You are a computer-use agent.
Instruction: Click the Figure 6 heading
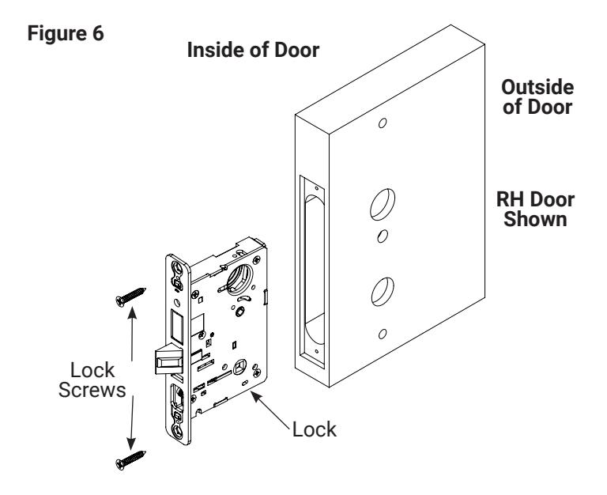point(66,33)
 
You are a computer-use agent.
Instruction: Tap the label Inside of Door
point(253,50)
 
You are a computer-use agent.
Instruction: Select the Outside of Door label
point(537,97)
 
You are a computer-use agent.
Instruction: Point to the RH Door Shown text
point(535,210)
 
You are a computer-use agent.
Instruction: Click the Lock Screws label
point(92,380)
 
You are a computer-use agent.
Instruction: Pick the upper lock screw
point(130,297)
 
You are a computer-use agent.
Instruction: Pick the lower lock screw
point(130,459)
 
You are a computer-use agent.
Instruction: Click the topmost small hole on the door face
point(383,123)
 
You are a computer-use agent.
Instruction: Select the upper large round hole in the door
point(383,205)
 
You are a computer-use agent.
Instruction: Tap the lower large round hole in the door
point(383,292)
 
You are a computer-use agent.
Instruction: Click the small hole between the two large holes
point(383,236)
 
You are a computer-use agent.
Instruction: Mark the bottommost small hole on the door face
point(383,334)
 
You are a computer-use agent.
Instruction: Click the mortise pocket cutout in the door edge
point(312,271)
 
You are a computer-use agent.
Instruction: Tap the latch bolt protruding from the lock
point(169,361)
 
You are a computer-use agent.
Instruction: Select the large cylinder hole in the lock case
point(239,278)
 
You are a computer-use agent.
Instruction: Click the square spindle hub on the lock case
point(240,366)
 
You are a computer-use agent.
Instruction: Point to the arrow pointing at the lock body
point(270,410)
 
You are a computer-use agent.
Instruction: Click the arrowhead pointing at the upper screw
point(133,312)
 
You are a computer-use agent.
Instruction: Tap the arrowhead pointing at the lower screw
point(132,444)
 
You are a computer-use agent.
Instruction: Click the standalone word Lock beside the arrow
point(315,429)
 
